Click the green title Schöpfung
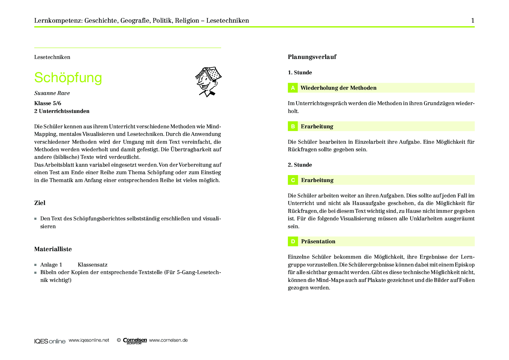pos(68,78)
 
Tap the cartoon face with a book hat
pos(208,82)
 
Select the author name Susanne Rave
pos(52,93)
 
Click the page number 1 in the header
pos(472,21)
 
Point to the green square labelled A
pos(293,88)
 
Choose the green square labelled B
pos(293,126)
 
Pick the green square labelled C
pos(293,180)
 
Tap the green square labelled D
pos(293,242)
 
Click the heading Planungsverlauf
pos(312,57)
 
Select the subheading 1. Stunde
pos(300,73)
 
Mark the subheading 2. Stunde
pos(300,165)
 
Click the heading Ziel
pos(40,203)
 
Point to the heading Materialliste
pos(53,249)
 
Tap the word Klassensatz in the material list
pos(93,265)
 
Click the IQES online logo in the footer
pos(50,341)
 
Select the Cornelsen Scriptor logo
pos(135,341)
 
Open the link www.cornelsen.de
pos(168,340)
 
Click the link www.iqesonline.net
pos(89,340)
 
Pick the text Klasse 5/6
pos(48,103)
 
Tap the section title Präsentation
pos(318,242)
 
